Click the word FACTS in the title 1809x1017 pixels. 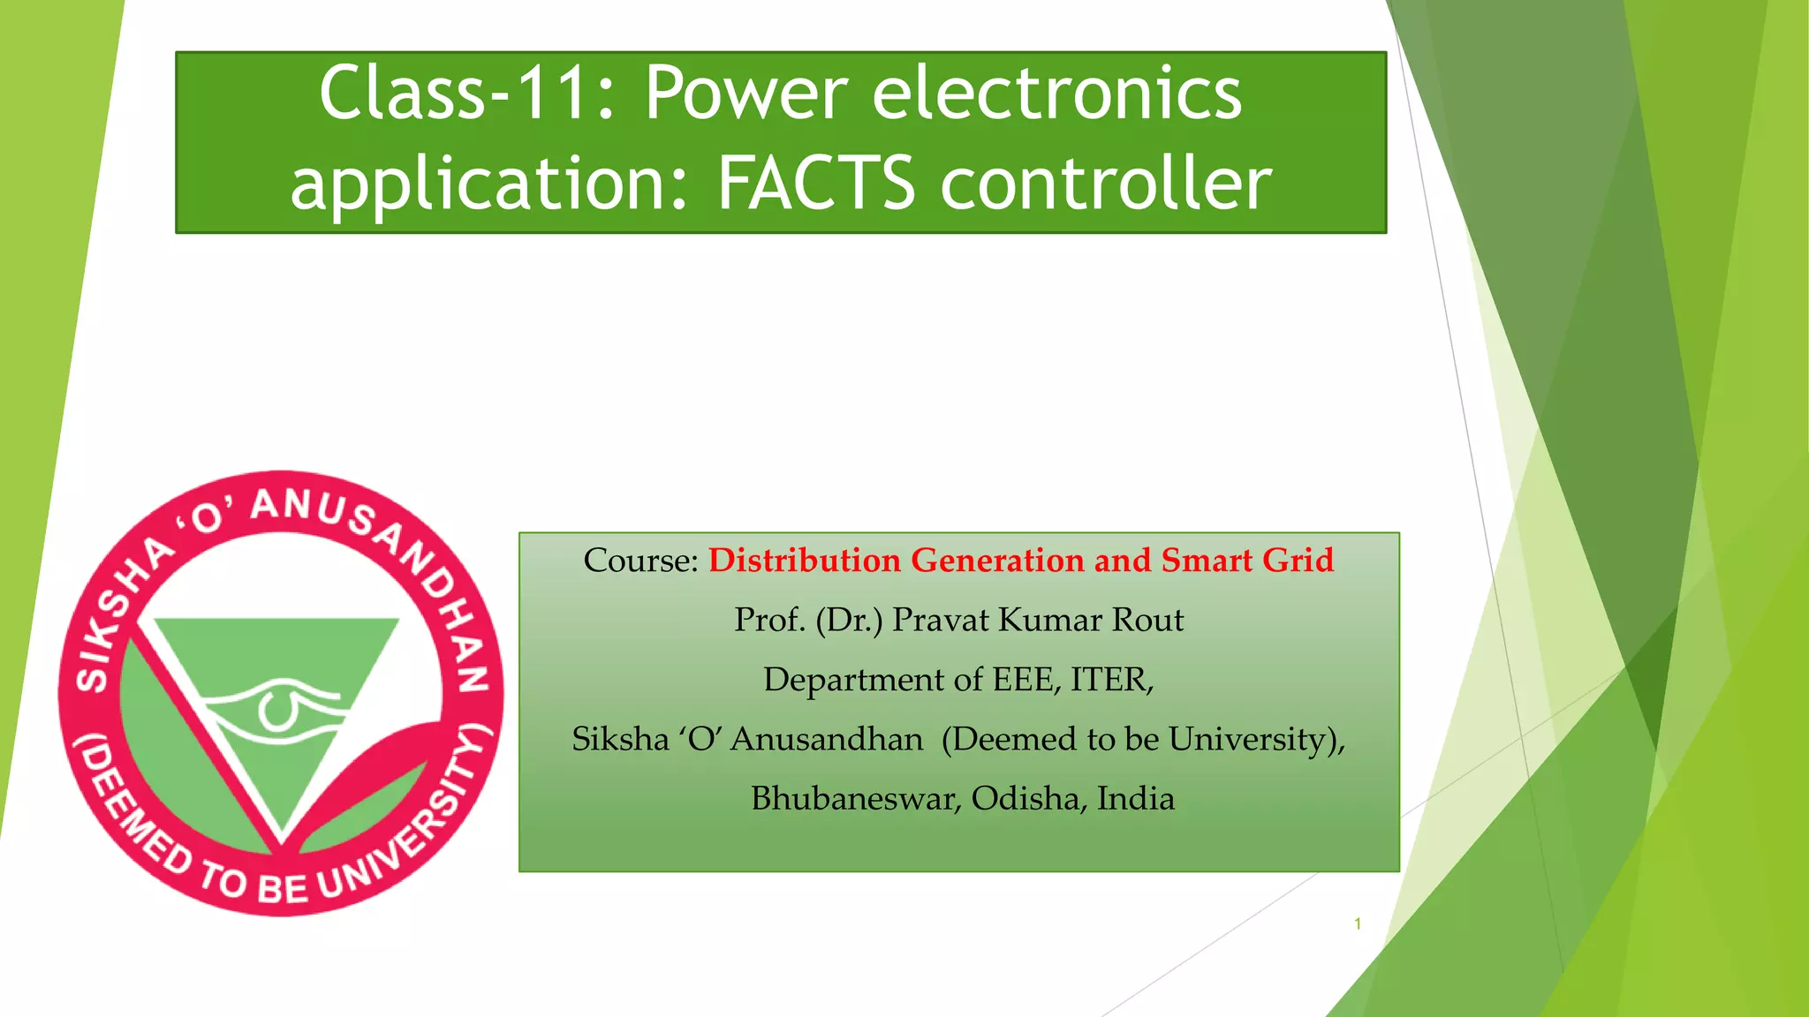815,184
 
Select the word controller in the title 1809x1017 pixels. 1106,184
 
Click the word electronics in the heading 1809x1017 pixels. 1057,94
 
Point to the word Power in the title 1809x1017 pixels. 746,94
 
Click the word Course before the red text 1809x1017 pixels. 640,561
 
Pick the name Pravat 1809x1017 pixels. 942,620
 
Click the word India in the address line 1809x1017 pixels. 1136,799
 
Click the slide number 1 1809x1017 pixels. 1358,924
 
